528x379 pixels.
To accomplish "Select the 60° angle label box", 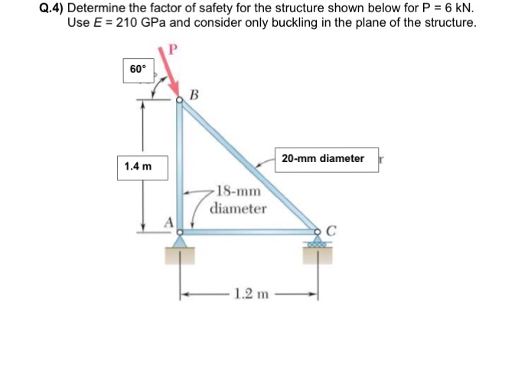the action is point(138,70).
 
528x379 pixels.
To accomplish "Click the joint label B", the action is point(194,96).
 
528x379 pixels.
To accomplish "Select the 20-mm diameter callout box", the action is point(323,159).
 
